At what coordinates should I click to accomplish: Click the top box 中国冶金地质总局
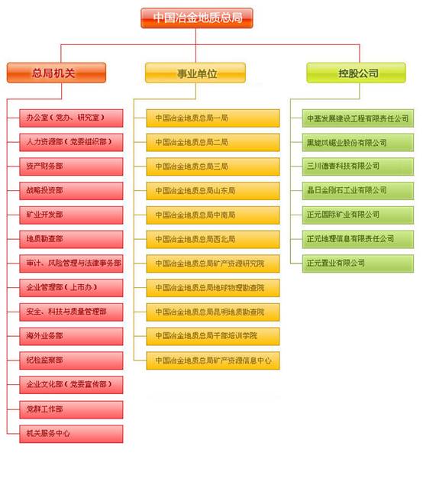(x=197, y=18)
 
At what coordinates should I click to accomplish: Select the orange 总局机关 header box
(x=57, y=73)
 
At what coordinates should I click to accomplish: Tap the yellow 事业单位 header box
(x=195, y=73)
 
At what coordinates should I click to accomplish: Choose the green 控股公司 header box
(x=357, y=73)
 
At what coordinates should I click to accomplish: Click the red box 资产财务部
(x=71, y=167)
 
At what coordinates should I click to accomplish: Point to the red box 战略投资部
(x=71, y=191)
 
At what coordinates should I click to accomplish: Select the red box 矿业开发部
(x=71, y=215)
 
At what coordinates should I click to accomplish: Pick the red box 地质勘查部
(x=71, y=239)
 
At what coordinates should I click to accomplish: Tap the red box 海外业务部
(x=71, y=336)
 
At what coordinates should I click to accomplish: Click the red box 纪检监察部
(x=71, y=361)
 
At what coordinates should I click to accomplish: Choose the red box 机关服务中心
(x=71, y=434)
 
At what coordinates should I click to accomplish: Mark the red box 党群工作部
(x=71, y=410)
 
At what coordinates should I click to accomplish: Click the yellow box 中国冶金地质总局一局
(x=213, y=118)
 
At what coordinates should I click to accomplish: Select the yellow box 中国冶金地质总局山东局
(x=213, y=191)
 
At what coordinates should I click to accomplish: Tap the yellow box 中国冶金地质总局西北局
(x=213, y=239)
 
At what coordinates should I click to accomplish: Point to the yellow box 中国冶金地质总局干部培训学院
(x=213, y=336)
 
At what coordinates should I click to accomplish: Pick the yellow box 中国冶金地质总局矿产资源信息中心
(x=213, y=361)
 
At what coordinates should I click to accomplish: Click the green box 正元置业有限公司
(x=358, y=264)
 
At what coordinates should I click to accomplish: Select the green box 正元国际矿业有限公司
(x=358, y=215)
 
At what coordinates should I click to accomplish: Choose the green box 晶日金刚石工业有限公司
(x=358, y=191)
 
